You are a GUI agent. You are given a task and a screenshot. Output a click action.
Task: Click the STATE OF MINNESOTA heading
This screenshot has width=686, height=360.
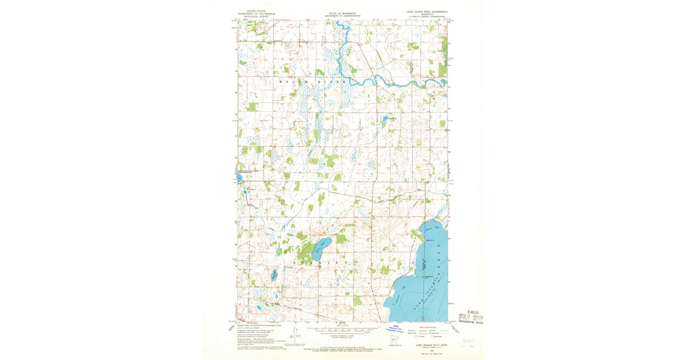(x=344, y=13)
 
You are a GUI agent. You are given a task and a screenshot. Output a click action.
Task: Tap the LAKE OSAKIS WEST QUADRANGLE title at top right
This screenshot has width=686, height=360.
(x=423, y=11)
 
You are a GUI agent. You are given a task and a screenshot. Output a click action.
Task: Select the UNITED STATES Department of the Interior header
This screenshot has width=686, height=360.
(x=257, y=13)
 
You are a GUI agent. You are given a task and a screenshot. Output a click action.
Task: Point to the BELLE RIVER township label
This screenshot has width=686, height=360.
(x=313, y=82)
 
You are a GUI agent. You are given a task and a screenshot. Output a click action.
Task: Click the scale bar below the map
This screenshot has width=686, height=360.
(x=343, y=330)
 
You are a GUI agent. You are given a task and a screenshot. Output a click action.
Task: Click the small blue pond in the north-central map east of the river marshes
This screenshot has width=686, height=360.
(x=385, y=119)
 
